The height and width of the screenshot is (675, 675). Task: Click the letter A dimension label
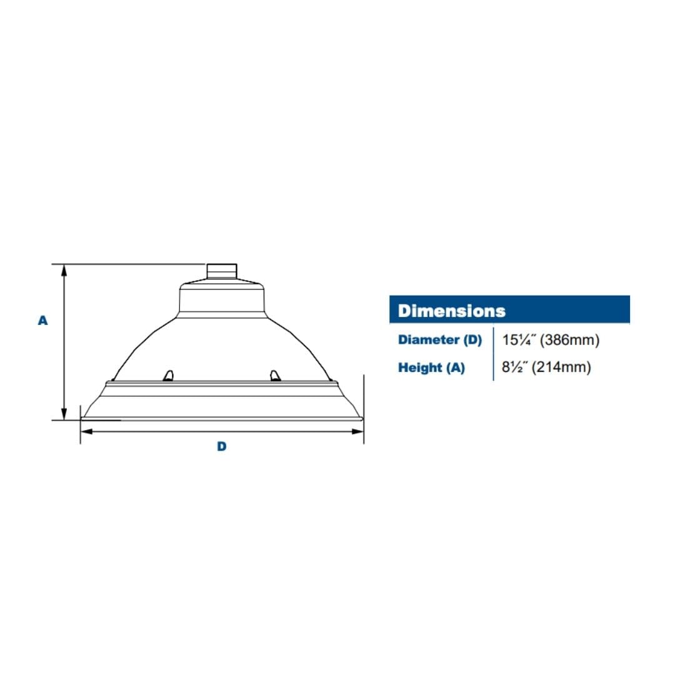click(x=42, y=321)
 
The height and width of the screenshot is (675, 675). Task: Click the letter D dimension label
click(x=222, y=446)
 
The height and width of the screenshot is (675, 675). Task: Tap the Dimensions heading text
click(x=452, y=311)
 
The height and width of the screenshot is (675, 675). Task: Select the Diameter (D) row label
click(x=439, y=339)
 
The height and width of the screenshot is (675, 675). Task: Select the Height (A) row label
click(x=431, y=367)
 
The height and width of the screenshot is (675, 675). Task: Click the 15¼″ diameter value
click(x=519, y=339)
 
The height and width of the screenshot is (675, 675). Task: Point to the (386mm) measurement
click(x=569, y=339)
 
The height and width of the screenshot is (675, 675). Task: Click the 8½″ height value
click(x=514, y=367)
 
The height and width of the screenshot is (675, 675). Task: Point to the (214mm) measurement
click(x=561, y=367)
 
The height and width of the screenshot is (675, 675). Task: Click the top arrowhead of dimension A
click(x=64, y=270)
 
